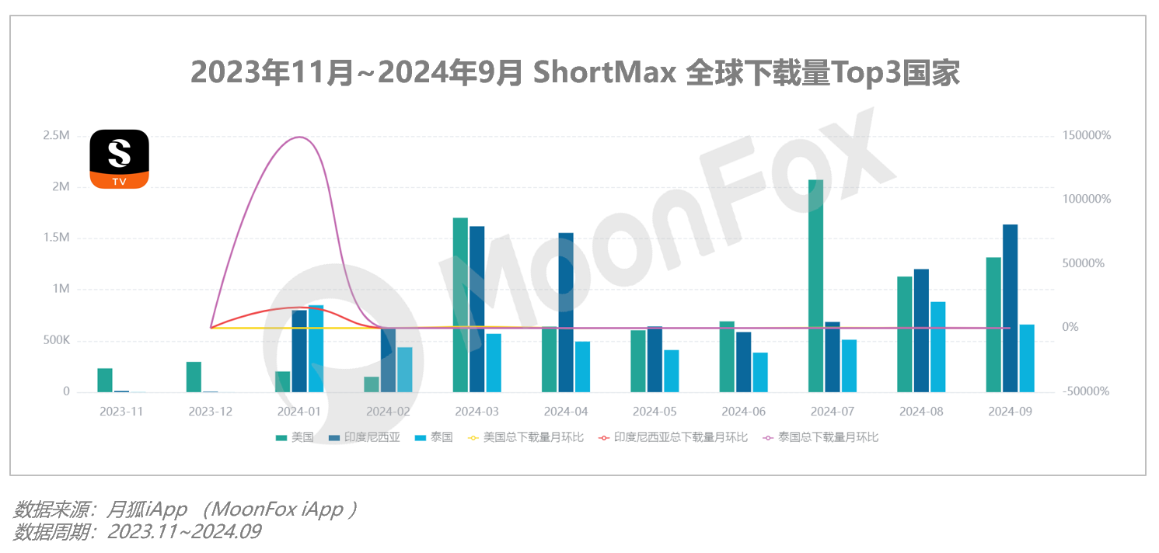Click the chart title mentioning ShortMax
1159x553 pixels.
click(575, 74)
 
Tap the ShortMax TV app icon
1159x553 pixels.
click(119, 159)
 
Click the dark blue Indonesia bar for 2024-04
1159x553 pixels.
click(566, 312)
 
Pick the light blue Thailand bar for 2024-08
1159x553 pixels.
click(937, 346)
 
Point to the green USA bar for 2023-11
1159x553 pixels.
click(105, 380)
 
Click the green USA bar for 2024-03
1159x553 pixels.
click(460, 304)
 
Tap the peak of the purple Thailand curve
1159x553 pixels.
click(300, 137)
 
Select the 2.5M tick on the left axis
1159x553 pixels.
click(56, 136)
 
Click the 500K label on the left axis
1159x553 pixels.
click(55, 340)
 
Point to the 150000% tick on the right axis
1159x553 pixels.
click(1087, 136)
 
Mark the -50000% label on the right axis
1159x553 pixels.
click(1087, 391)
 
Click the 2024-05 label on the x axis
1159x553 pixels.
click(655, 412)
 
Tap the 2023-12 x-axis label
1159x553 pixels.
click(211, 412)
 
